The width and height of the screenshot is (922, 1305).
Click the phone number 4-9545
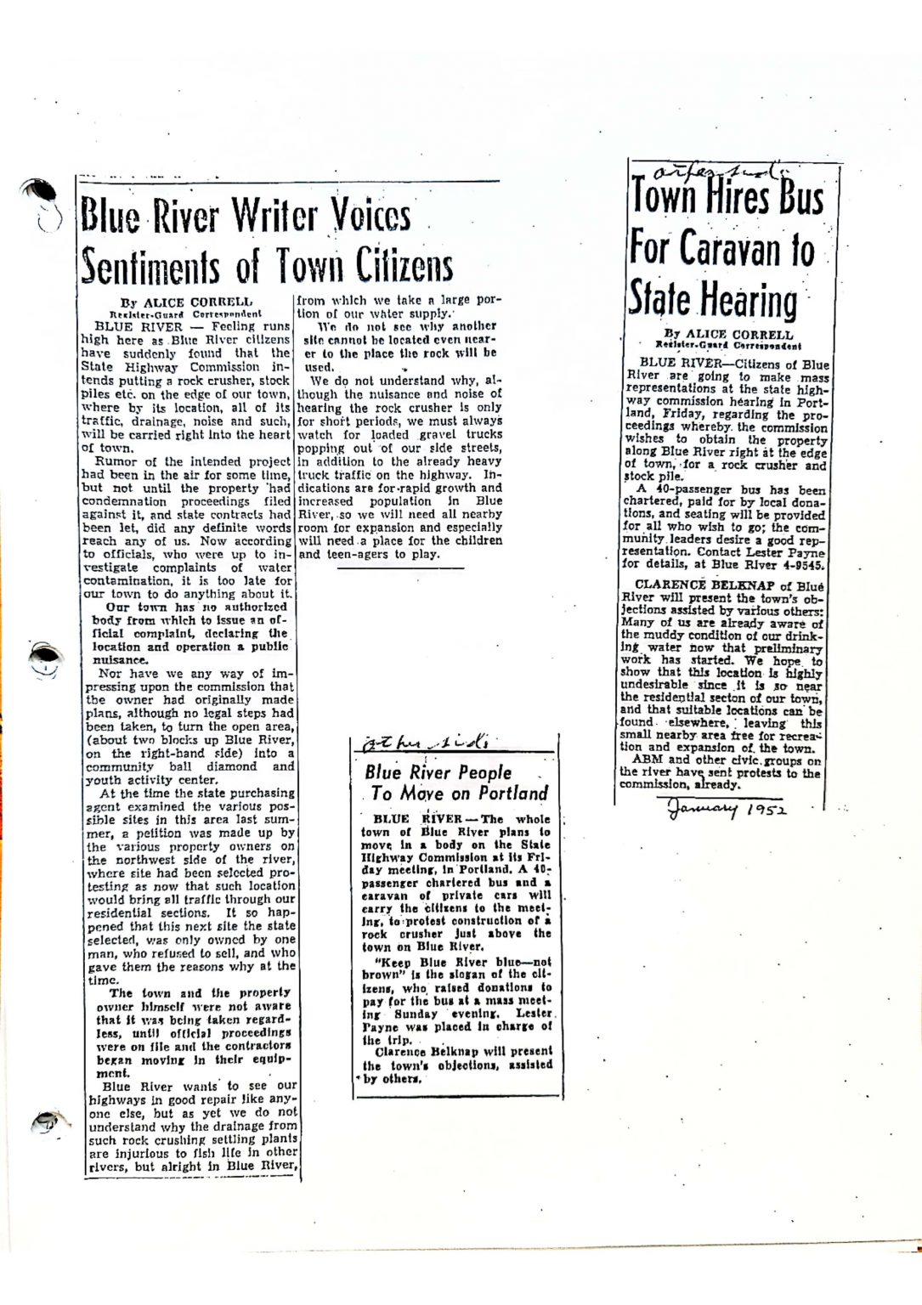pos(800,563)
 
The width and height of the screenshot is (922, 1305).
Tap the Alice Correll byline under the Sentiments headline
pos(186,302)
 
